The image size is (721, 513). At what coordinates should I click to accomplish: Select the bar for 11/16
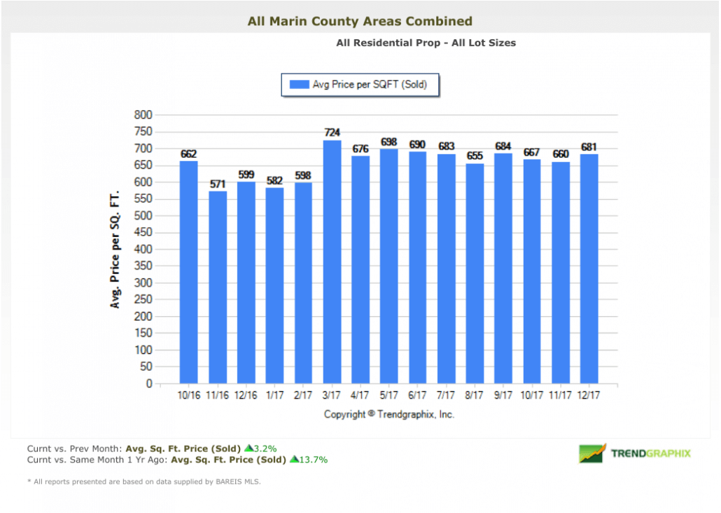pos(217,287)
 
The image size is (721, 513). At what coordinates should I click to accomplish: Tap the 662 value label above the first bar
pos(188,154)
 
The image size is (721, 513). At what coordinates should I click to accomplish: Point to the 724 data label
pos(332,132)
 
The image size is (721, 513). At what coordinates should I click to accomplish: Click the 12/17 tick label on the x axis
pos(589,396)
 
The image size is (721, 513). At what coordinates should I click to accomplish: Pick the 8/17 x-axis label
pos(475,396)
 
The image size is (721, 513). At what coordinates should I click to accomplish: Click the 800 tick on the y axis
pos(143,115)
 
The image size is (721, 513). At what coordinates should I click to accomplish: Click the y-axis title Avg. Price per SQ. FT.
pos(115,249)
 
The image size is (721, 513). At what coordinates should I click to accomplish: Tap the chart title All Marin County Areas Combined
pos(360,22)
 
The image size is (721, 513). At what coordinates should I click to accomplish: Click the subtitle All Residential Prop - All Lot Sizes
pos(426,43)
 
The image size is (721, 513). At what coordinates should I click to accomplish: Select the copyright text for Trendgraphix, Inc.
pos(389,414)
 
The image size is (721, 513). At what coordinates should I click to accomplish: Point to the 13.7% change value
pos(312,460)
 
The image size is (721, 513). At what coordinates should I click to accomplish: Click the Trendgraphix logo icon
pos(592,453)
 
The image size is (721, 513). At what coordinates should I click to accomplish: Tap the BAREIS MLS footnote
pos(143,481)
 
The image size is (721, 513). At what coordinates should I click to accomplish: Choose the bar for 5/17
pos(389,266)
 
